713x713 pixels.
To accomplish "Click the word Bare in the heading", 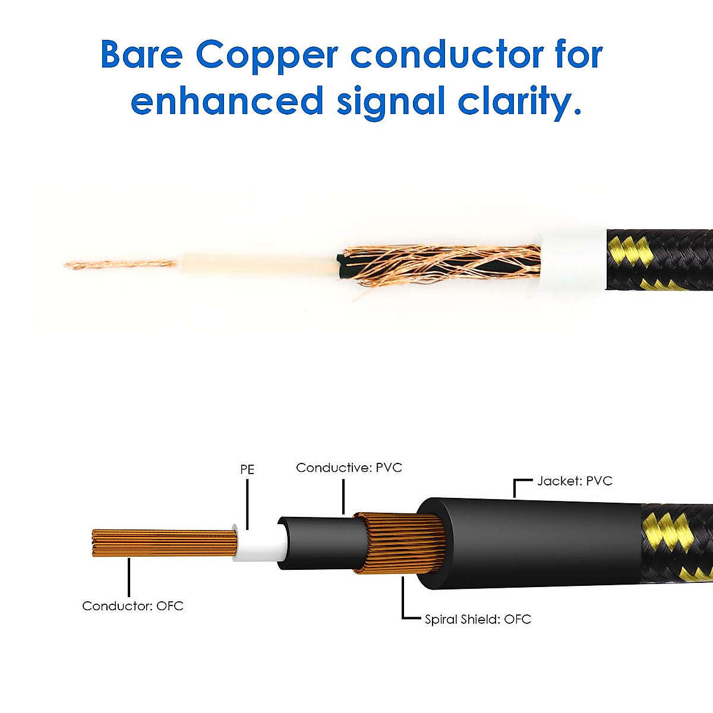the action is coord(142,54).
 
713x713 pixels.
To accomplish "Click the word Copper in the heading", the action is coord(267,57).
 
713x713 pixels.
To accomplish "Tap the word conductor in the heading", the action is coord(447,54).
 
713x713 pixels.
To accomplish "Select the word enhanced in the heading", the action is coord(227,100).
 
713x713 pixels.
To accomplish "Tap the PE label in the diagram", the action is coord(247,469).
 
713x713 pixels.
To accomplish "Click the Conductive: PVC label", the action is coord(349,468).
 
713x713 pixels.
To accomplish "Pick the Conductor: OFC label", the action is coord(133,606).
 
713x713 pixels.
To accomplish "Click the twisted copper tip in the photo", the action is coord(121,264).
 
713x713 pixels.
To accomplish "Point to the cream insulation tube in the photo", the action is coord(259,263).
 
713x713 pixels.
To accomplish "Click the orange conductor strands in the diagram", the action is coord(165,543).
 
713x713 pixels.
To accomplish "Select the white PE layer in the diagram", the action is coord(259,543).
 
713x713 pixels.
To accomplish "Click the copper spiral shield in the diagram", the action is coord(400,543).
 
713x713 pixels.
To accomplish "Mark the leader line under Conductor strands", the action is coord(129,577).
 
